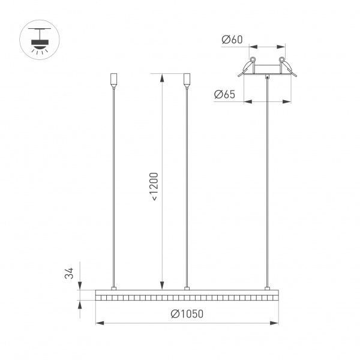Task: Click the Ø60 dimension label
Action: [231, 40]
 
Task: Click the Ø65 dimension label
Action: [224, 94]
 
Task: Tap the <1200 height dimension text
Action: [154, 186]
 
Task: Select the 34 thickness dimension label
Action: [70, 274]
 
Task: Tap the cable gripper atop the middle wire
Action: [187, 80]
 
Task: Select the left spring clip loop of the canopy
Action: [253, 61]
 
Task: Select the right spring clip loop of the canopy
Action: [281, 61]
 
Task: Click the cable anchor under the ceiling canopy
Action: [267, 77]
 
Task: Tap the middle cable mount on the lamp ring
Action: [187, 288]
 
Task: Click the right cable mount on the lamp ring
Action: [266, 288]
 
